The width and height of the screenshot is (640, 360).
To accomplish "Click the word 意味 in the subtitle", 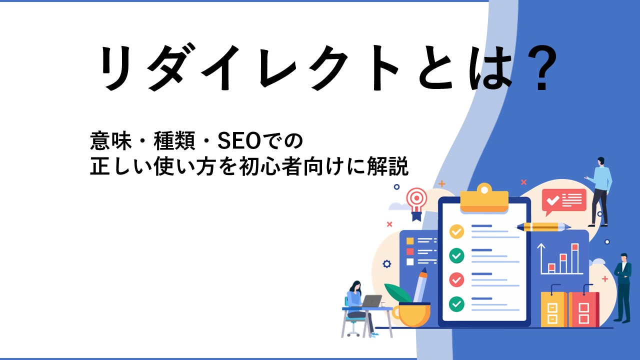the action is click(110, 141).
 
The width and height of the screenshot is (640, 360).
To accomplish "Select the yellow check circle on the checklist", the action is click(456, 231).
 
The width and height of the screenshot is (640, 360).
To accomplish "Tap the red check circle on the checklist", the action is click(456, 279).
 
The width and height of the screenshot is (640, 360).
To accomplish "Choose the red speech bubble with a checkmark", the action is click(563, 201).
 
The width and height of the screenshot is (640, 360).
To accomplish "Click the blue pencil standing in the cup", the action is click(419, 285).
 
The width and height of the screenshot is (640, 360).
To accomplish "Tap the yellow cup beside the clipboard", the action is click(411, 314).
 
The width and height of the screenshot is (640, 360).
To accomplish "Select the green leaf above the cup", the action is click(398, 292).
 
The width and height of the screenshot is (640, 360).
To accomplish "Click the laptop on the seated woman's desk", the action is click(371, 301).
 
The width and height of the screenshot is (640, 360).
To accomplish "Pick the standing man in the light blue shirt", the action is click(599, 192).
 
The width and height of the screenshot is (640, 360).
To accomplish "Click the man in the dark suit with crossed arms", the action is click(623, 287).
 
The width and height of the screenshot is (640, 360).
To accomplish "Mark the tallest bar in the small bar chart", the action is click(575, 258).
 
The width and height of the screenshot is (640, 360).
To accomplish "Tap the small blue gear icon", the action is click(387, 263).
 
